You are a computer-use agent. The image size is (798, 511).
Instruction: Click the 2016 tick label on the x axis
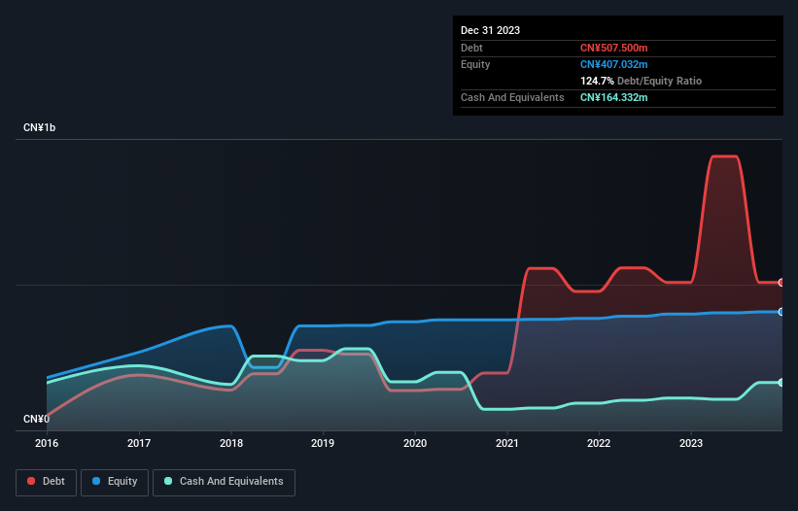point(47,443)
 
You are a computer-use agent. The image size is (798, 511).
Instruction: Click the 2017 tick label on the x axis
point(139,443)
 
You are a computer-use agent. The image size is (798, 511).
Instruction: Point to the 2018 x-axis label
point(231,443)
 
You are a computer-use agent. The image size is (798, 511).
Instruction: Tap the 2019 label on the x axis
point(323,443)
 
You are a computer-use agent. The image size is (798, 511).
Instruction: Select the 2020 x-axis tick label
point(415,443)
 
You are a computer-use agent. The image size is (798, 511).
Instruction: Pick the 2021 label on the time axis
point(507,443)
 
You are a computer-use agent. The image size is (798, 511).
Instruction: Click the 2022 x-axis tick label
point(599,443)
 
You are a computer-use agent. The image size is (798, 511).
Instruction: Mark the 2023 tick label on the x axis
point(691,443)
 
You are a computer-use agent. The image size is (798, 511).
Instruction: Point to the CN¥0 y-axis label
point(36,419)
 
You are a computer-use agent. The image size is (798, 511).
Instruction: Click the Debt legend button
point(45,482)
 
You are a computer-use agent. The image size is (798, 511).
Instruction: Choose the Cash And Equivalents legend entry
point(224,482)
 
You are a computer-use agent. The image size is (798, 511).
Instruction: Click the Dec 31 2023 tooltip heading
point(491,30)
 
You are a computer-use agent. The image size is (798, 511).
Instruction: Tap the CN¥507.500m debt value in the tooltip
point(613,48)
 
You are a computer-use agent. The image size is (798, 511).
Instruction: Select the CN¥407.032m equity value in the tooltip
point(613,64)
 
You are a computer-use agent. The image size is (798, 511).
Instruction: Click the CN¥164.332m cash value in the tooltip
point(613,97)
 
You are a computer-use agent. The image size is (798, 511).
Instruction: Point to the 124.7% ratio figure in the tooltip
point(597,81)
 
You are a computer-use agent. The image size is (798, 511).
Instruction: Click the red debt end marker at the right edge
point(781,283)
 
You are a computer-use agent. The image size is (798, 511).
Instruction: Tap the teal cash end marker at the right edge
point(781,383)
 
